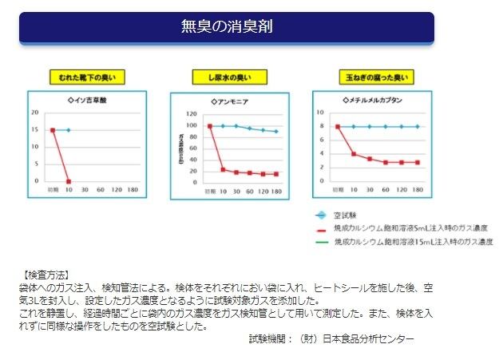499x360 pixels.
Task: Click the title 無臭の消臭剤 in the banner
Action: (x=226, y=27)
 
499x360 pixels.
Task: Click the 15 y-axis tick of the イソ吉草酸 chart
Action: (x=34, y=129)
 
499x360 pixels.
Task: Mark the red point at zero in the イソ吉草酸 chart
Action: (x=69, y=181)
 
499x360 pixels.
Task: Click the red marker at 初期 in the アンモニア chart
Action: (x=209, y=126)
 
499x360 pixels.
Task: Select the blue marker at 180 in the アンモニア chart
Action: (x=276, y=132)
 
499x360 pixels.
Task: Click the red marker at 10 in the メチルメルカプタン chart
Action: (x=354, y=153)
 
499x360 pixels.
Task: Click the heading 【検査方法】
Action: (x=46, y=274)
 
